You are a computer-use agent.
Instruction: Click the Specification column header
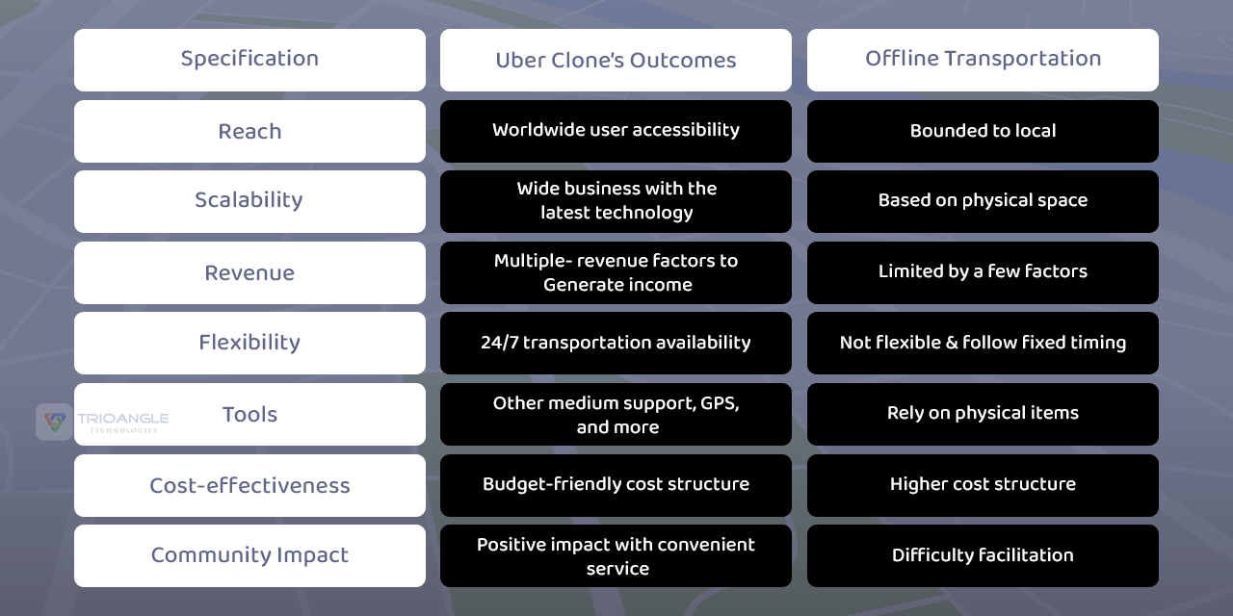249,59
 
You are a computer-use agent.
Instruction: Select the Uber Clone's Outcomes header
616,60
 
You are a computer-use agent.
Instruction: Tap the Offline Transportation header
983,59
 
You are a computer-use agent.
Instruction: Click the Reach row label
249,131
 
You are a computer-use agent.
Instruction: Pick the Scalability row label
249,200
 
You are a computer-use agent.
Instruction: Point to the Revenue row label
249,272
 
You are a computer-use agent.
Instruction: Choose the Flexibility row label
249,343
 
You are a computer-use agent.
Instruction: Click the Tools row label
249,414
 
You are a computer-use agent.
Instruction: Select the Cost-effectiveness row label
249,485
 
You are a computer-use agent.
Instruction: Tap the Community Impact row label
249,555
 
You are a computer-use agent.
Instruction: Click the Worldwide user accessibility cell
616,130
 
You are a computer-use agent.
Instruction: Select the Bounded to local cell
983,131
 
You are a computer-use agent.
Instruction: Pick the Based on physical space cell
983,200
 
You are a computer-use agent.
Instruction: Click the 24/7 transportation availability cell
616,343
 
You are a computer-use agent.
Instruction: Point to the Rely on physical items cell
983,413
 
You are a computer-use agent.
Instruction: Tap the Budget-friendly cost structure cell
616,484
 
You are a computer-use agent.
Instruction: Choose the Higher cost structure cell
983,484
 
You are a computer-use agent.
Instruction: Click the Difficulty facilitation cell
983,555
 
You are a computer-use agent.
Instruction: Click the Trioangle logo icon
54,422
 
